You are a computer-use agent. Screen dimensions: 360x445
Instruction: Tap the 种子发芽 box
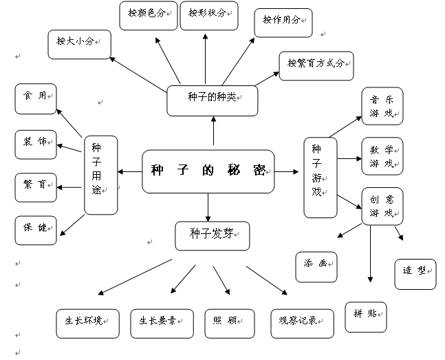coord(212,235)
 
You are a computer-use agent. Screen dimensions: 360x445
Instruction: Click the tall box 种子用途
coord(100,176)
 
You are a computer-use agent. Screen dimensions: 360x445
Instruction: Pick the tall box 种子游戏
coord(321,177)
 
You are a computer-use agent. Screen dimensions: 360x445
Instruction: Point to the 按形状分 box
coord(208,15)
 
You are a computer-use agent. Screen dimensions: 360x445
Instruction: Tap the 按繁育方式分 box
coord(316,65)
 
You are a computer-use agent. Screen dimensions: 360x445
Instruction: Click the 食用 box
coord(35,99)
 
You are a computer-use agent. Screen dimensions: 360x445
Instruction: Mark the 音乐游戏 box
coord(382,106)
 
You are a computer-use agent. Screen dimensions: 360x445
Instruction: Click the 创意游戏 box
coord(382,207)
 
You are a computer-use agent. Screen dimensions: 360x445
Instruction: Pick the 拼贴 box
coord(365,317)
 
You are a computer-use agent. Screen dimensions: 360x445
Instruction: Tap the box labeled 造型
coord(415,273)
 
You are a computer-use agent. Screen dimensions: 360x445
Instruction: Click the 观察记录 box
coord(302,323)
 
